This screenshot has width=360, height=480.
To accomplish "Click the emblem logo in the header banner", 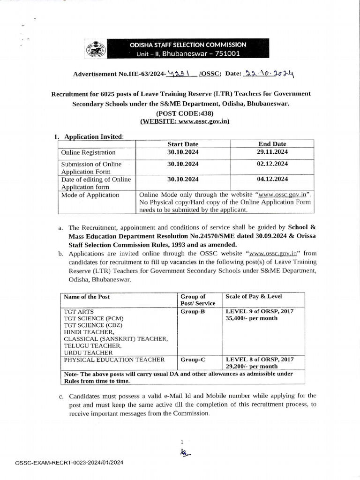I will [92, 49].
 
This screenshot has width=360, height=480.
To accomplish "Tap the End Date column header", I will [272, 144].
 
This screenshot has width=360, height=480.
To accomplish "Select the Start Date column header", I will [183, 144].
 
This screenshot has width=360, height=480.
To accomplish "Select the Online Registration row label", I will [88, 152].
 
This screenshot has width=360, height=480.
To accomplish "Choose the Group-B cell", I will [193, 311].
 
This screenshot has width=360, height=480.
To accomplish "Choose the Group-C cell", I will [193, 360].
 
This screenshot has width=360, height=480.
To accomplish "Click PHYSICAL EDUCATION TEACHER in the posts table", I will [114, 360].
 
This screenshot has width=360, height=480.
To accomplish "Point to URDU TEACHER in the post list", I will [88, 352].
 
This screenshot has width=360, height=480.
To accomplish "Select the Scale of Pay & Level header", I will [254, 297].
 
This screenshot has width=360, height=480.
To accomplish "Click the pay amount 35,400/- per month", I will [251, 318].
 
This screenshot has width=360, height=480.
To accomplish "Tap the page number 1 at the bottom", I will [181, 442].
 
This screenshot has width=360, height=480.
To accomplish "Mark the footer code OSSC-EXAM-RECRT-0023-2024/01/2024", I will [70, 463].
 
